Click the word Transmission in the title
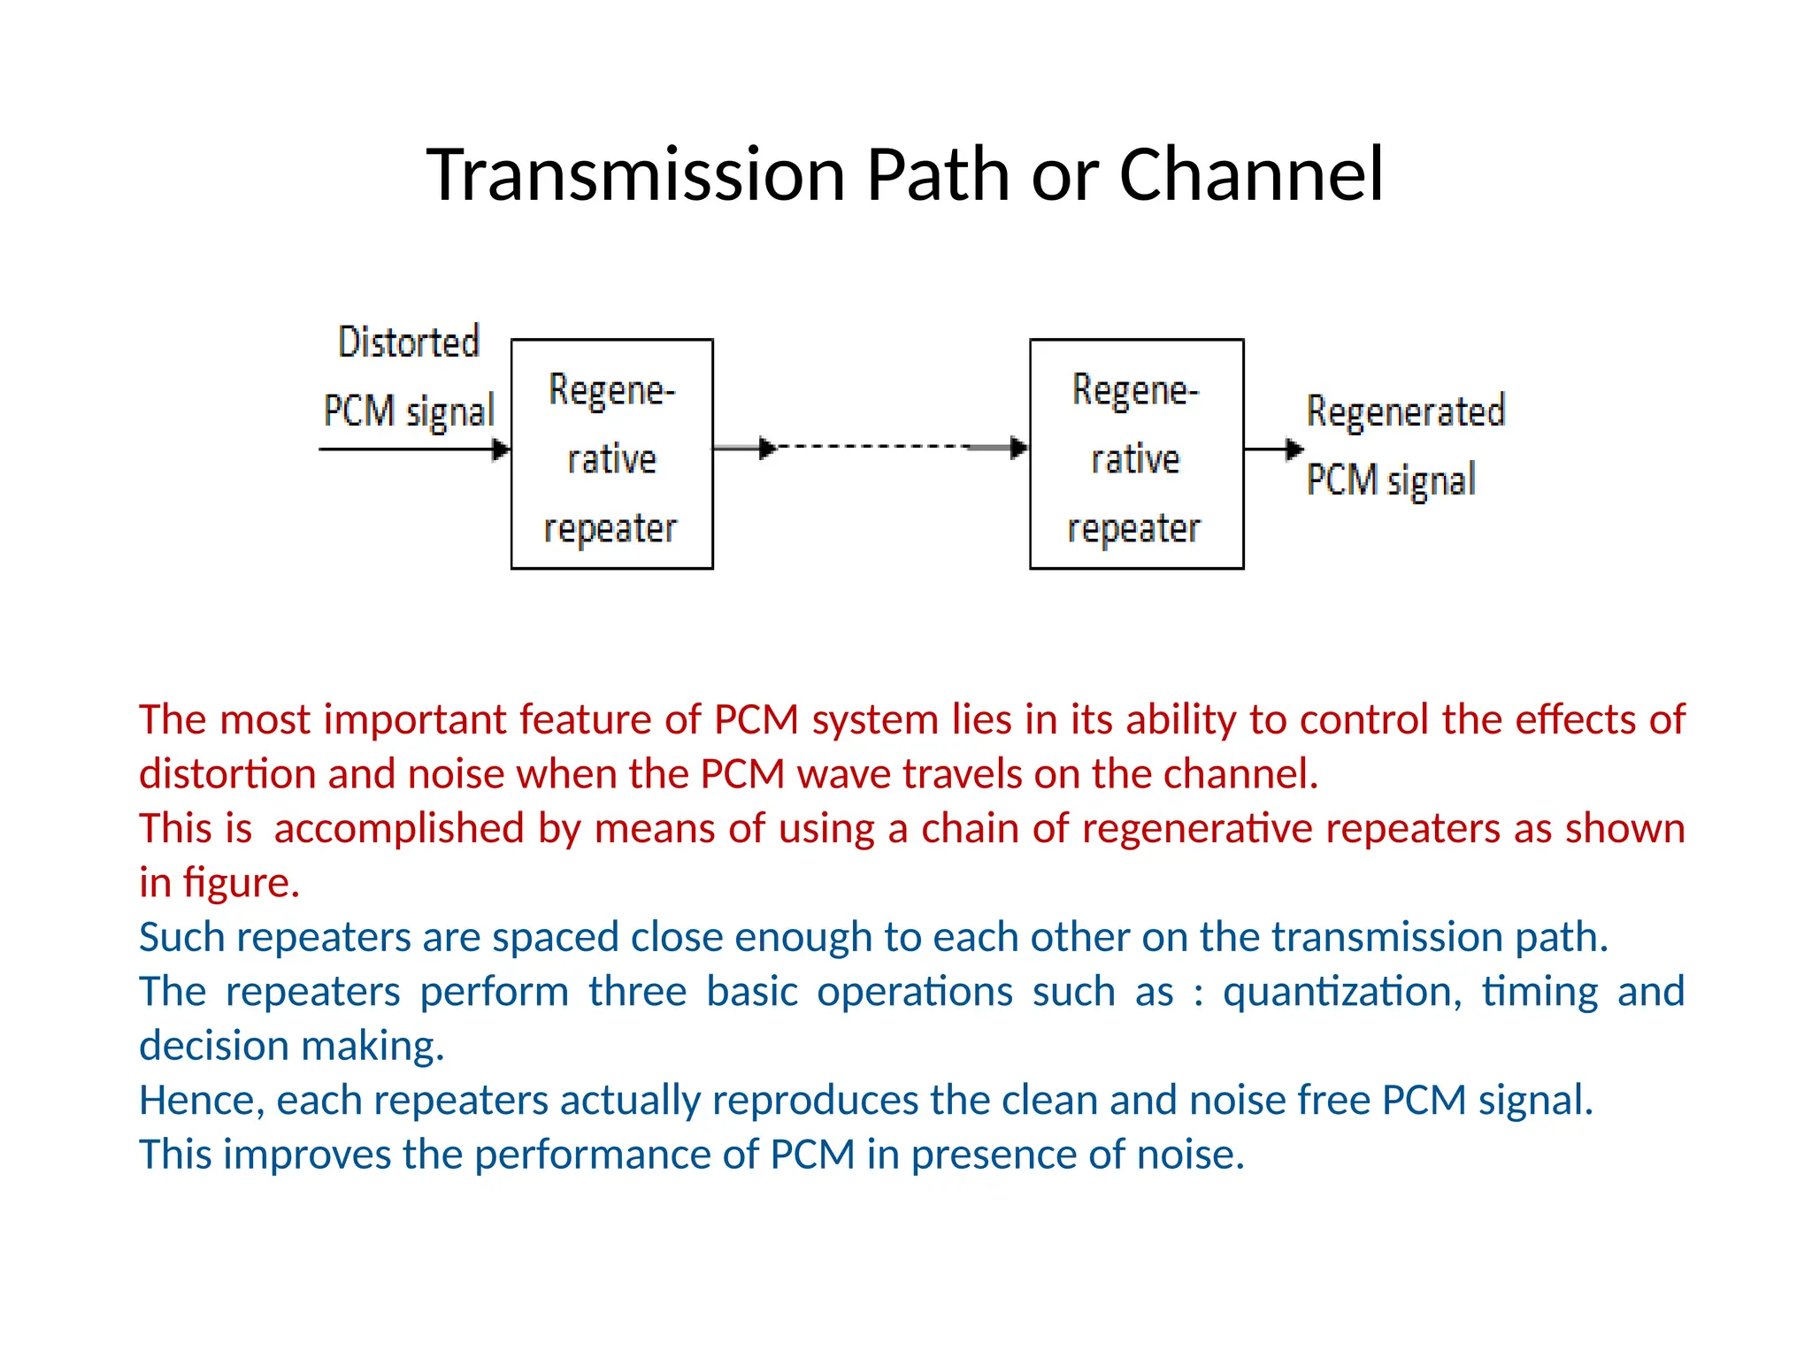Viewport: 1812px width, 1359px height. click(639, 174)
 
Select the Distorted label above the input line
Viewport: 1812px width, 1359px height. click(409, 342)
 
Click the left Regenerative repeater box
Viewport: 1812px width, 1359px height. click(611, 454)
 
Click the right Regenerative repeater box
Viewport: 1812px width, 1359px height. click(1136, 454)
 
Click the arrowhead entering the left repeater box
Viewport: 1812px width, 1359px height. click(502, 449)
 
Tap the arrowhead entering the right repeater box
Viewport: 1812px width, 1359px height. click(1019, 448)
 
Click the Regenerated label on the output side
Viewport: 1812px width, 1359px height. click(1405, 412)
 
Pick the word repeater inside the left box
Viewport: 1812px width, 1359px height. click(610, 529)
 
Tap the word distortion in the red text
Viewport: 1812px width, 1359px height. click(227, 774)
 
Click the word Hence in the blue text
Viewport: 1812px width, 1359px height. click(202, 1101)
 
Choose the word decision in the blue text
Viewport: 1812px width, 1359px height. click(214, 1047)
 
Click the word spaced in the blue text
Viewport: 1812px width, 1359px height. click(556, 938)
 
